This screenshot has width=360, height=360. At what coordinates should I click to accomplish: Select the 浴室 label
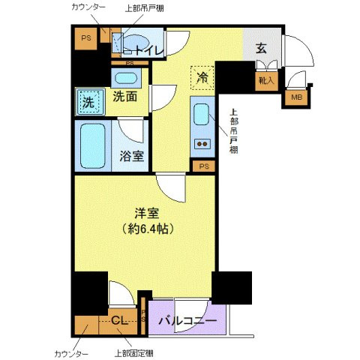click(132, 157)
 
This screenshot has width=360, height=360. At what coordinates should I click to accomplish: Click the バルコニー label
click(187, 321)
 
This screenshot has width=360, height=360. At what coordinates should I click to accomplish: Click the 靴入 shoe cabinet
click(267, 78)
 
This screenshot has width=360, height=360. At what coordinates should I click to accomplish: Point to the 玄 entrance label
click(261, 48)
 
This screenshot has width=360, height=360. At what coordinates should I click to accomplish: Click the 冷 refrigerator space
click(202, 78)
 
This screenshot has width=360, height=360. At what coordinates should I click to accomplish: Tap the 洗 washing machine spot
click(88, 103)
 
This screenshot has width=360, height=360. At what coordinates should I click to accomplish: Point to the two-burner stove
click(202, 142)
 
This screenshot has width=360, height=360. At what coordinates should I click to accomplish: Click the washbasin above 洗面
click(125, 77)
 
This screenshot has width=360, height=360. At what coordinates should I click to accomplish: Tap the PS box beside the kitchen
click(203, 166)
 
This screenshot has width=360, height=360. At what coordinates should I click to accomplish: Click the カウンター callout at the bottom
click(70, 352)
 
